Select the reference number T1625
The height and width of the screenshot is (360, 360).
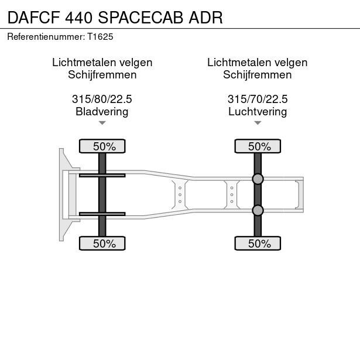[x=100, y=36]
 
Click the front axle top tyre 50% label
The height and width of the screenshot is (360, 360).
[x=102, y=146]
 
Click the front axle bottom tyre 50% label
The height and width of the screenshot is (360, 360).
[x=102, y=244]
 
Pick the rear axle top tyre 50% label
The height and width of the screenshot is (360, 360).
[x=258, y=146]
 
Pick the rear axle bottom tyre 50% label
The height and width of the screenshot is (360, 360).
[x=258, y=244]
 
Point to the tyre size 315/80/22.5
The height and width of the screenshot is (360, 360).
[x=102, y=100]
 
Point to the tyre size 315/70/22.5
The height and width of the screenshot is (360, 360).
[x=258, y=100]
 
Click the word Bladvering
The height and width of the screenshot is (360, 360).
[x=102, y=111]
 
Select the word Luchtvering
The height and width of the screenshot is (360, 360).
[x=258, y=111]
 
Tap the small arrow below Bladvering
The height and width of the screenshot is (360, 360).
[x=102, y=122]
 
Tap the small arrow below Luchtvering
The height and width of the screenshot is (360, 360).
[x=258, y=122]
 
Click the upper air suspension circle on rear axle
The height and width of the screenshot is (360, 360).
[x=258, y=179]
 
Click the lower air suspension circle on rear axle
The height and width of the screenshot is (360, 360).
[x=258, y=210]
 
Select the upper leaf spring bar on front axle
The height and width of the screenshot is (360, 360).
[x=102, y=175]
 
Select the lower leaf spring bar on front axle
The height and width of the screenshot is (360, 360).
[x=102, y=214]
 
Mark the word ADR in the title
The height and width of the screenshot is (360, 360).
[x=206, y=18]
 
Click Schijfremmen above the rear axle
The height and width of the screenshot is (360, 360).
[x=258, y=74]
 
